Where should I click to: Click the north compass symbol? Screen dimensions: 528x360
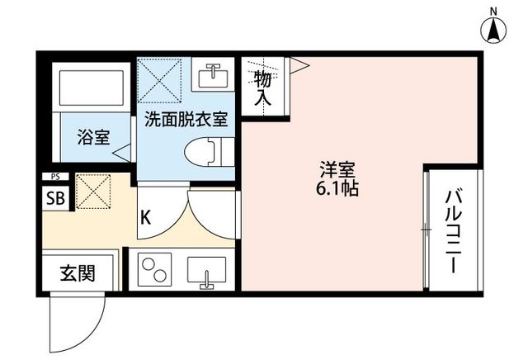tap(493, 31)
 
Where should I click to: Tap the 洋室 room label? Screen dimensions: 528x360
tap(337, 170)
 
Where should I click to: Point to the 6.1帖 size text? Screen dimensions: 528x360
tap(337, 188)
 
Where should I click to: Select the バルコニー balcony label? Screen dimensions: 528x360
tap(453, 232)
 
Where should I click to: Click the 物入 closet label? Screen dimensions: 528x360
tap(262, 88)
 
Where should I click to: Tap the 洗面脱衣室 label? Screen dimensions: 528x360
tap(186, 119)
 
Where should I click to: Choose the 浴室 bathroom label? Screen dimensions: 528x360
tap(93, 137)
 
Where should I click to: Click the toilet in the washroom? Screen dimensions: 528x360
tap(210, 152)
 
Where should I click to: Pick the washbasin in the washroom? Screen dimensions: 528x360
tap(213, 75)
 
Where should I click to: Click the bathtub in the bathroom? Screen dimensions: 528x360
tap(92, 88)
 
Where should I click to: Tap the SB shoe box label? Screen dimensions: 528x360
tap(55, 198)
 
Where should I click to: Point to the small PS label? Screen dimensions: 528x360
tap(55, 177)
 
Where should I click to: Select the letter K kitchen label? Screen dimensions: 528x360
tap(145, 217)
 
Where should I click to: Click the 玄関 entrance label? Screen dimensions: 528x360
tap(78, 273)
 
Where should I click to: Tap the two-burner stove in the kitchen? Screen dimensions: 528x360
tap(154, 270)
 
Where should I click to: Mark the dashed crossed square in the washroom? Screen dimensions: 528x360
tap(159, 81)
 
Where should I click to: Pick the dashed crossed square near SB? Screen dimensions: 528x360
tap(93, 191)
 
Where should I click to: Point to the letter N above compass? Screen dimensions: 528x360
tap(493, 12)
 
